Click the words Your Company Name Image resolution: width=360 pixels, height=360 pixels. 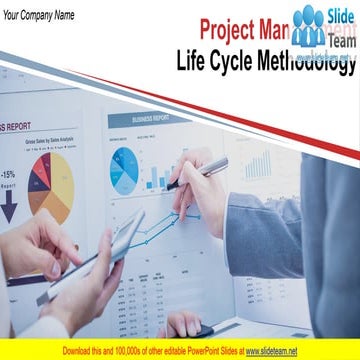point(40,15)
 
